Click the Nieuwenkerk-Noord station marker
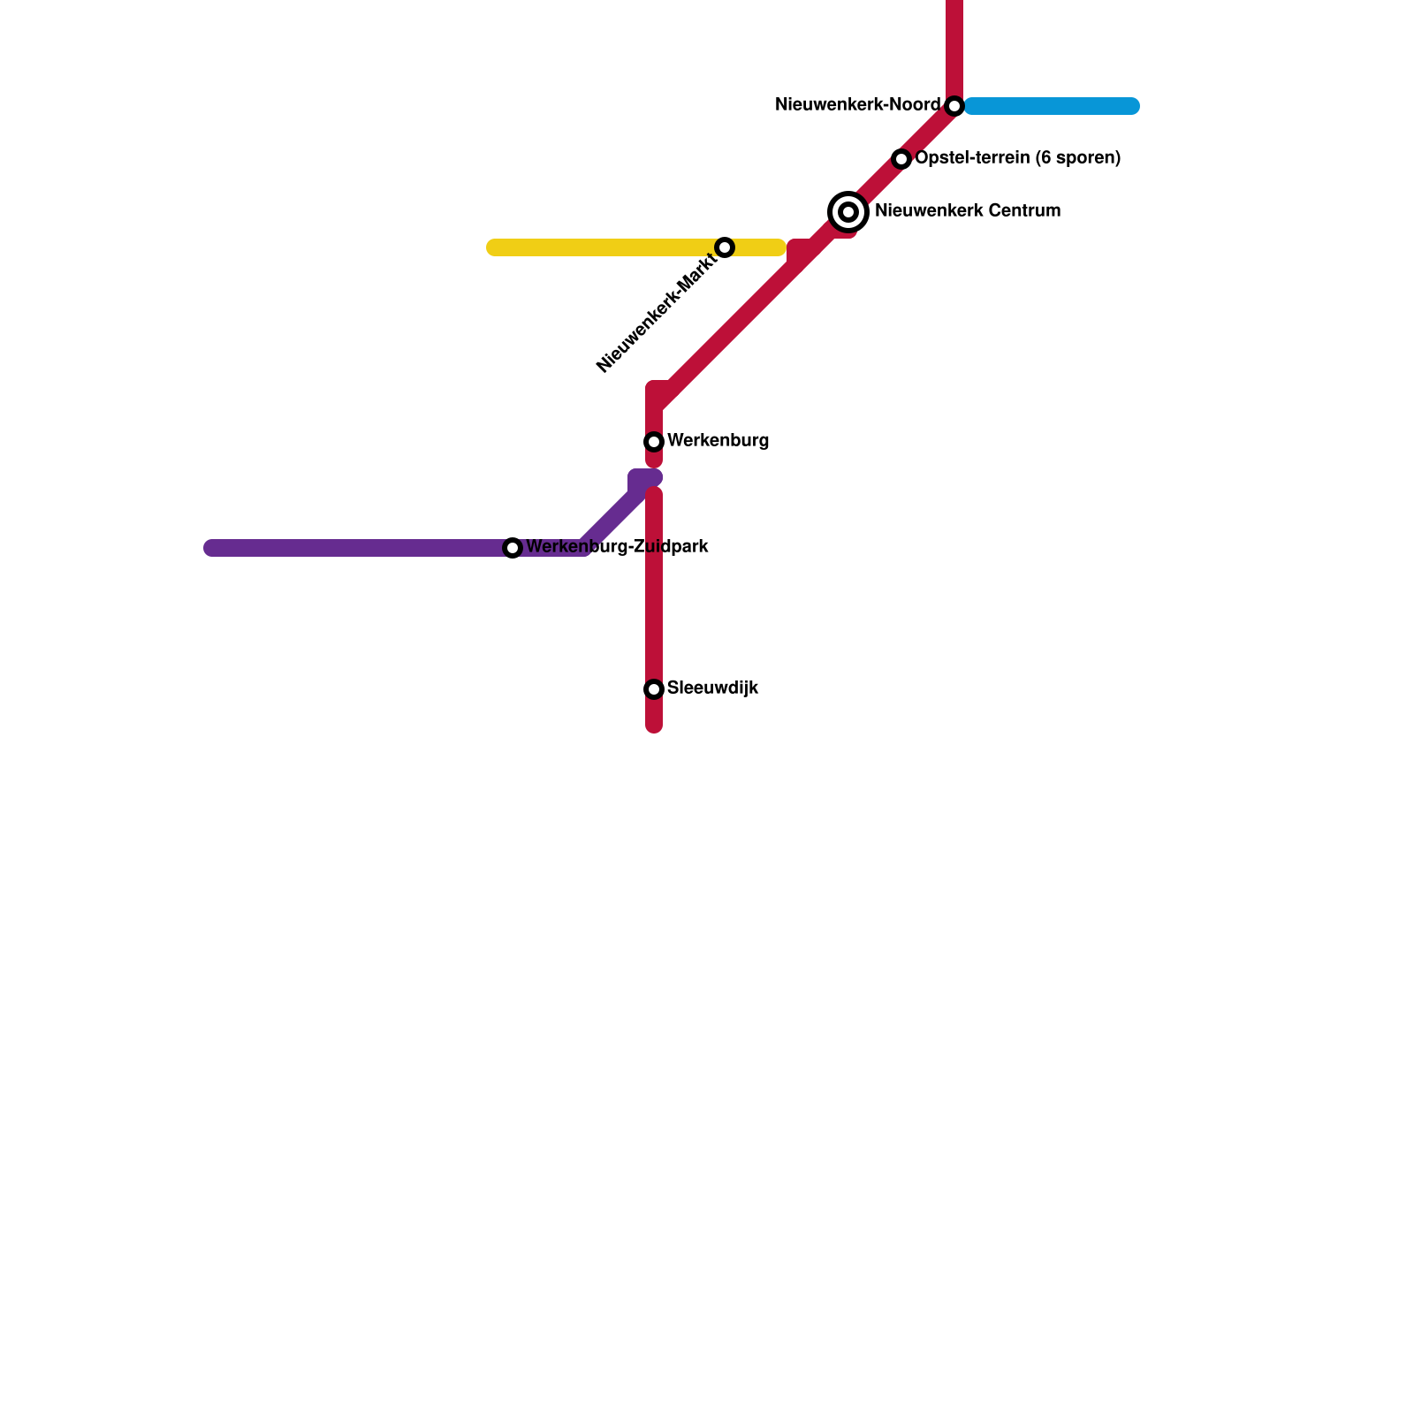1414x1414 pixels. click(954, 106)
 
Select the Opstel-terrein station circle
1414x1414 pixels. click(901, 159)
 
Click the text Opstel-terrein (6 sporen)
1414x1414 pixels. click(1017, 158)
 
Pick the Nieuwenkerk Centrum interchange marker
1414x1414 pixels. click(848, 212)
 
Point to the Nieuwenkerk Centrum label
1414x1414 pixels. click(967, 211)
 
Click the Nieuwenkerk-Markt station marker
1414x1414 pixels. click(725, 247)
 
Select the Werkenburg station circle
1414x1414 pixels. click(654, 441)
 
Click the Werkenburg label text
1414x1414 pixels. click(718, 441)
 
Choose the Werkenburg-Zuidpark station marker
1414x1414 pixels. click(513, 548)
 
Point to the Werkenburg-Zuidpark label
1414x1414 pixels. click(617, 547)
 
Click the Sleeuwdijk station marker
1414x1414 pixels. click(654, 688)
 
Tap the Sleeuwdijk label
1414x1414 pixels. click(712, 688)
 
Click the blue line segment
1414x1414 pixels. click(1052, 106)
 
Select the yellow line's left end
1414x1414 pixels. click(493, 247)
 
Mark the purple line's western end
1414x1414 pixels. click(210, 548)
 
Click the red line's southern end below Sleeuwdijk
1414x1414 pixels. click(654, 727)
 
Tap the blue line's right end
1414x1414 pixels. click(1133, 106)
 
